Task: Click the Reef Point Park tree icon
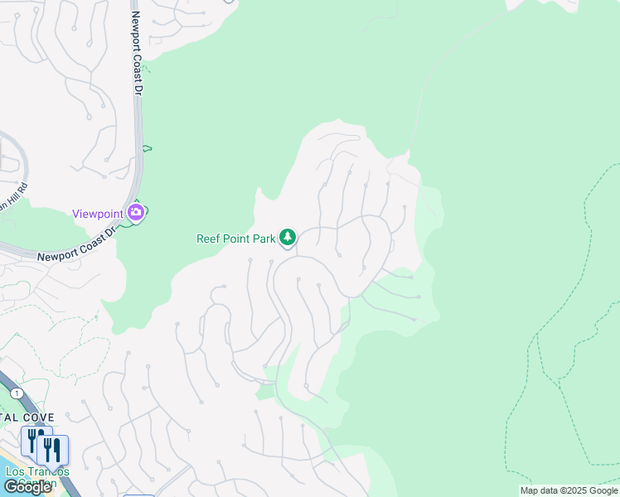pyautogui.click(x=288, y=238)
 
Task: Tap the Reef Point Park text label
pyautogui.click(x=235, y=239)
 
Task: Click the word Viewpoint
pyautogui.click(x=98, y=214)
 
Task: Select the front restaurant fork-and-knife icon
pyautogui.click(x=52, y=450)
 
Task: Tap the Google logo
pyautogui.click(x=28, y=487)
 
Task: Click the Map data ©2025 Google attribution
pyautogui.click(x=569, y=490)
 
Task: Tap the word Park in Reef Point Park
pyautogui.click(x=264, y=239)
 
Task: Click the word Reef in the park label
pyautogui.click(x=208, y=239)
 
